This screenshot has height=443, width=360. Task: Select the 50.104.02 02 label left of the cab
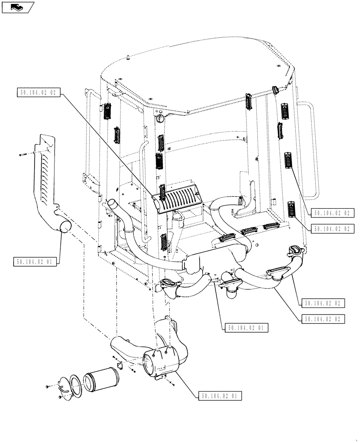click(x=39, y=93)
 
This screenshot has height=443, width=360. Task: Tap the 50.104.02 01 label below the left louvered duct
click(x=35, y=261)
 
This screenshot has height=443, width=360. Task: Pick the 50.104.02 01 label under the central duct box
click(x=247, y=328)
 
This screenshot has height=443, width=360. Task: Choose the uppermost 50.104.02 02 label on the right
click(x=332, y=213)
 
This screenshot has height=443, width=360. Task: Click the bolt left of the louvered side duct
click(x=23, y=155)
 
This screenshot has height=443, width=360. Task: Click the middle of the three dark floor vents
click(x=249, y=231)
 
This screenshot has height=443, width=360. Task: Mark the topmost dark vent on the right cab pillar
click(x=285, y=109)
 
